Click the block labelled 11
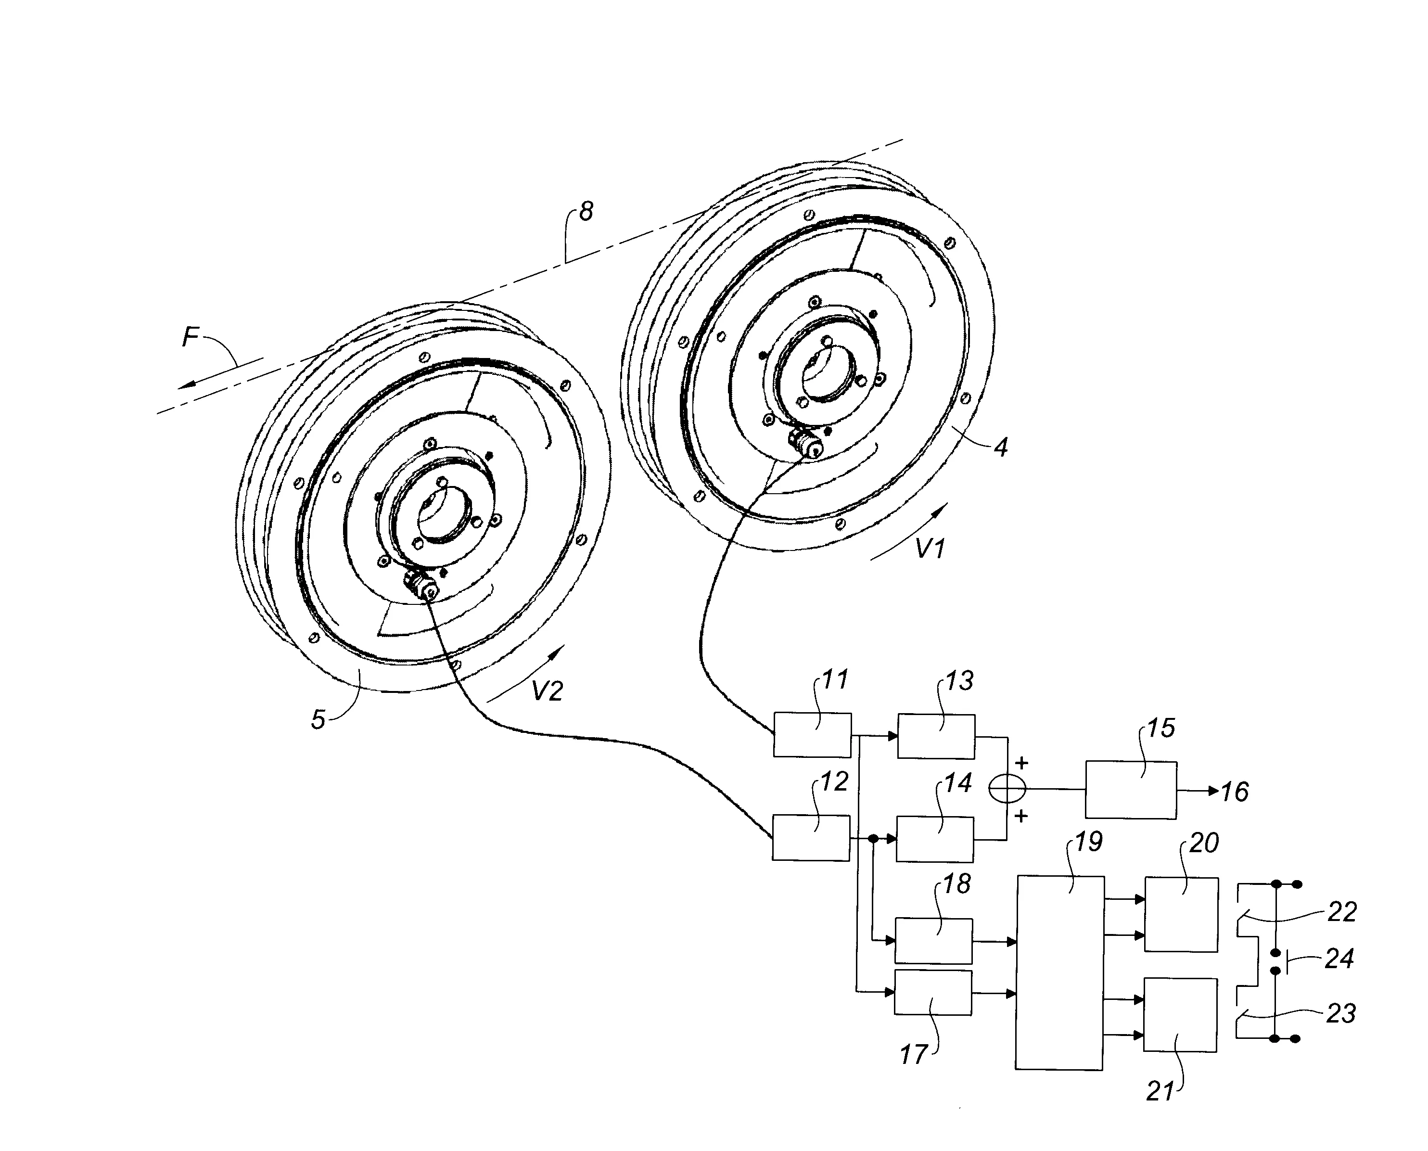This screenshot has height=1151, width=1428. [x=812, y=735]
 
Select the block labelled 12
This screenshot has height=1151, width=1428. [x=811, y=838]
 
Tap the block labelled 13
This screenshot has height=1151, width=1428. [x=936, y=736]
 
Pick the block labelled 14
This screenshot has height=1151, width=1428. [x=935, y=839]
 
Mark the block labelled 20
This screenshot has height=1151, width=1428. [x=1181, y=914]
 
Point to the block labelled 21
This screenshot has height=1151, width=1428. [x=1180, y=1014]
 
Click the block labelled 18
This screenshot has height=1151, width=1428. [x=933, y=940]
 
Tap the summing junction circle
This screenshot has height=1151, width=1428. [x=1007, y=789]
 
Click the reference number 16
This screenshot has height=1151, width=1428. [x=1235, y=792]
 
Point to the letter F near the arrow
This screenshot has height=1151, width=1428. [x=190, y=337]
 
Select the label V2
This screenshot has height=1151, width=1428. [x=547, y=691]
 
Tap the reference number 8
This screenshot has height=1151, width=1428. [x=586, y=212]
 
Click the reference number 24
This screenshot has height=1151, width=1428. [x=1339, y=958]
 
